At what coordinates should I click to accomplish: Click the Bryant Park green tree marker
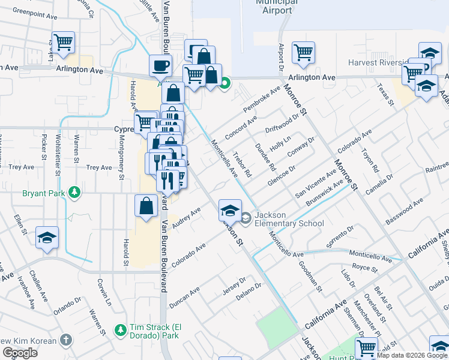click(x=74, y=193)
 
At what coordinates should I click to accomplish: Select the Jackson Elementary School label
click(x=288, y=220)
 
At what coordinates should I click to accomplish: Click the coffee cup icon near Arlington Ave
click(x=160, y=66)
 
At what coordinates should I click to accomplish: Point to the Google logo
click(x=20, y=353)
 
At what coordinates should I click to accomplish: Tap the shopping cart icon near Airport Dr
click(x=303, y=52)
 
